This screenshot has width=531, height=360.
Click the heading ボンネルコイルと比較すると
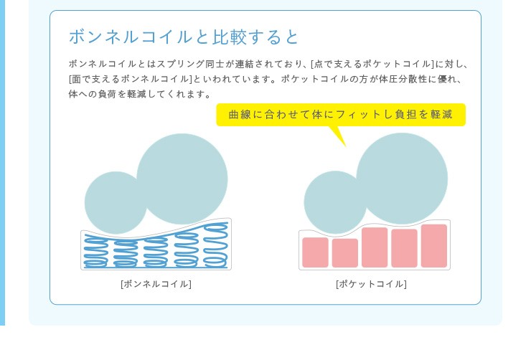pos(184,37)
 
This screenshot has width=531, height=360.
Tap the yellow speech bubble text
pos(341,114)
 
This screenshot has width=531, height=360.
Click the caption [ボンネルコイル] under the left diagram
pos(156,283)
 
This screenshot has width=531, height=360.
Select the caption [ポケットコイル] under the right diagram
pos(372,283)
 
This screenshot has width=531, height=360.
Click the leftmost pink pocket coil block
pos(315,252)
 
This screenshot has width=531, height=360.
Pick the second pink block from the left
pos(344,253)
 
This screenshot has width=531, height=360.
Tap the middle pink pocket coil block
pos(375,247)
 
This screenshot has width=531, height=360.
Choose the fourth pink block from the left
pos(404,248)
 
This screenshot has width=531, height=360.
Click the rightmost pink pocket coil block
pos(434,246)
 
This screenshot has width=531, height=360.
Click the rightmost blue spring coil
pos(215,245)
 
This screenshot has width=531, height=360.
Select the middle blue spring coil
pos(156,252)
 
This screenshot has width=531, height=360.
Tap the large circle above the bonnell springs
pos(182,179)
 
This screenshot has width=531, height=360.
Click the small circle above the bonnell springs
pos(116,203)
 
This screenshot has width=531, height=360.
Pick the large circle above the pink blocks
pos(402,179)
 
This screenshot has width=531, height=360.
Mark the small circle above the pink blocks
pos(335,202)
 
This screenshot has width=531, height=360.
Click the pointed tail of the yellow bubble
pos(345,146)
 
